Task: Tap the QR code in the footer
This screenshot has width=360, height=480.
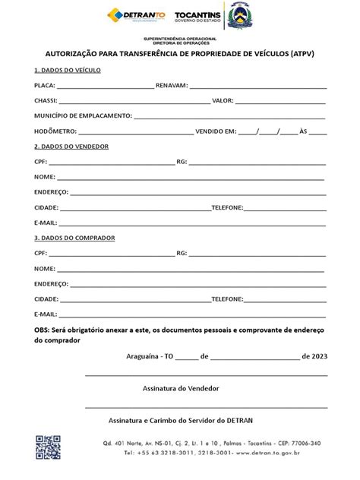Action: coord(47,448)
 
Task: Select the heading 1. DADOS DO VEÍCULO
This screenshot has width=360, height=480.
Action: coord(68,70)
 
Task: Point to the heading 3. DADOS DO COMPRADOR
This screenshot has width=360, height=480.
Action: coord(74,238)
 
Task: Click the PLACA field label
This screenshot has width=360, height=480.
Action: coord(45,86)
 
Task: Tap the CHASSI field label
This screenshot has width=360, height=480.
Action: coord(46,101)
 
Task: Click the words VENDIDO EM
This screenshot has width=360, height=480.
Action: coord(216,131)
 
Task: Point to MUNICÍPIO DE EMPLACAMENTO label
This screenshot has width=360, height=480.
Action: coord(83,116)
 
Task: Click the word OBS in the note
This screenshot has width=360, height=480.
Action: coord(42,330)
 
